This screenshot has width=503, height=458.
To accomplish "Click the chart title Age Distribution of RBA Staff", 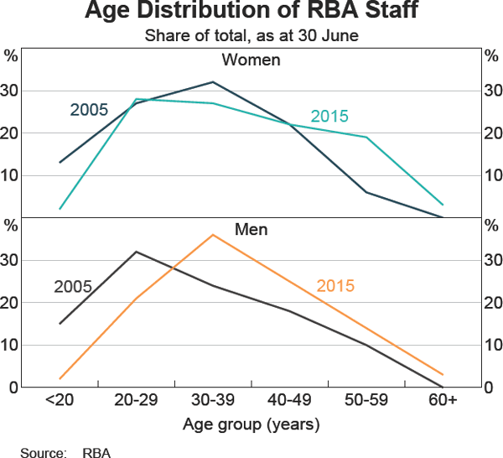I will pos(251,13).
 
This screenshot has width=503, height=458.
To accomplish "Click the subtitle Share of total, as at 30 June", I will pos(251,35).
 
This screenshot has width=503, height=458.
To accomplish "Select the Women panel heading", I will pos(251,60).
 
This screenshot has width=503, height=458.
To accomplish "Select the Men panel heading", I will pos(251,228).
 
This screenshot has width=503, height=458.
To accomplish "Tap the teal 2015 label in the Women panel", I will pos(329,117).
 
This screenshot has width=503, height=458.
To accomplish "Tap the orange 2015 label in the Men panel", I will pos(335,286).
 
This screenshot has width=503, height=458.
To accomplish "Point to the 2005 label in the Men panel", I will pos(73,286).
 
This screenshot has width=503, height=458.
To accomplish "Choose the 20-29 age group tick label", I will pos(136,401).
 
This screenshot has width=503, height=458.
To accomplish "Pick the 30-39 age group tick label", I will pos(213,401).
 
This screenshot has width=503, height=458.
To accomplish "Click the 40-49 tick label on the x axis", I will pos(289,401).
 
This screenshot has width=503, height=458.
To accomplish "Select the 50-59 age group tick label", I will pos(366,401).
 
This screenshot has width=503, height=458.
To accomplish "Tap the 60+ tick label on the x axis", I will pos(443,401).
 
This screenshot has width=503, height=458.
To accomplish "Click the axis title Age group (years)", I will pos(251,424).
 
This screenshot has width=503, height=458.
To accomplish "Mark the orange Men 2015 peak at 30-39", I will pos(213,235).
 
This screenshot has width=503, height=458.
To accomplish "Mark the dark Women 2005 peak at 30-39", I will pos(213,82).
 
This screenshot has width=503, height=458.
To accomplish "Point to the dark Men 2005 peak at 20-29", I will pos(136,252).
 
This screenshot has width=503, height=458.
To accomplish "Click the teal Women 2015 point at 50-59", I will pos(366,137).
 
